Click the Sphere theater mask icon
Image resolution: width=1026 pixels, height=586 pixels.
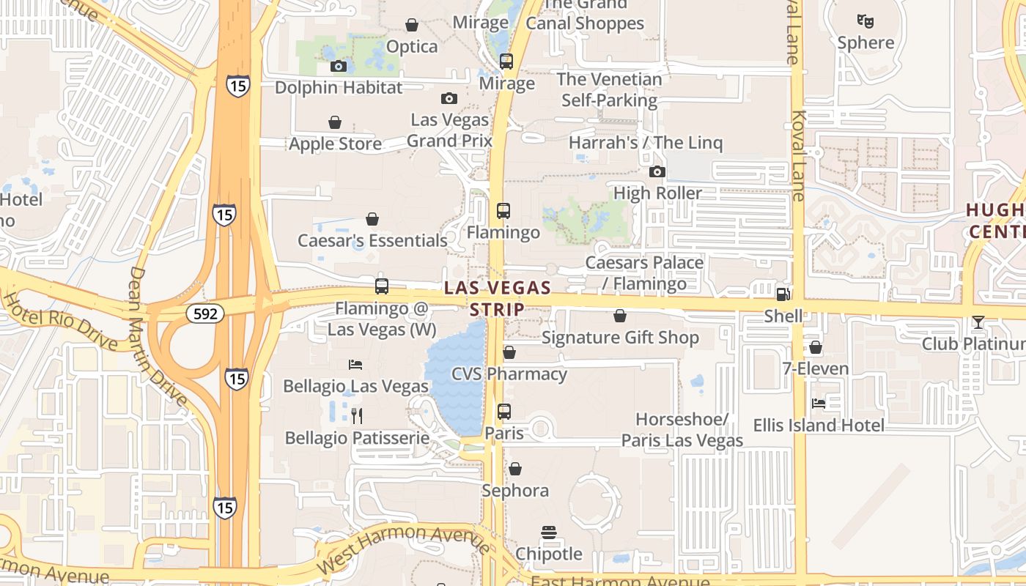[866, 21]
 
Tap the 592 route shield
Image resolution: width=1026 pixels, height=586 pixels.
[205, 314]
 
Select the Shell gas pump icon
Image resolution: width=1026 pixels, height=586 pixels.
[783, 294]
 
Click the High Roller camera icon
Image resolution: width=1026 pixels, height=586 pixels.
[657, 172]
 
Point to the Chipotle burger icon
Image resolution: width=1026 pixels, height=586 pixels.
[549, 533]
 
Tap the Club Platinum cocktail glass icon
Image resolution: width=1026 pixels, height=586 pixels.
[978, 322]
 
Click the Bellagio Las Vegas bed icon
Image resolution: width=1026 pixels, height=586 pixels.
[355, 365]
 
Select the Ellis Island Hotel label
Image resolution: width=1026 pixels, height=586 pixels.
[819, 426]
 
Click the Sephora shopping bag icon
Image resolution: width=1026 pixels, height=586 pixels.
[515, 469]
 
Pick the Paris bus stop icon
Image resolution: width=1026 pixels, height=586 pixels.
[504, 412]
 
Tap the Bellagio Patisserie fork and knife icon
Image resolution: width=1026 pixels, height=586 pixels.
[357, 416]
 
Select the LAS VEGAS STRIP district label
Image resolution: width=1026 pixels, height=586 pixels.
[498, 299]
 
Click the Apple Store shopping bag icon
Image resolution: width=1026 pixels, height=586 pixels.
[335, 122]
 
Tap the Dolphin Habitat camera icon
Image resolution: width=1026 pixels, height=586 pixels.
[338, 67]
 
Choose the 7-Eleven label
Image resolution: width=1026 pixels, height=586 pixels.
[816, 369]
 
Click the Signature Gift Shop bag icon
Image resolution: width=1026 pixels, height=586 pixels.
[620, 316]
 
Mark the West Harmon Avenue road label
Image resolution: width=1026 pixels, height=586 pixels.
[404, 549]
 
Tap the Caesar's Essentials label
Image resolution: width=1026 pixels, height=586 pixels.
[372, 241]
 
